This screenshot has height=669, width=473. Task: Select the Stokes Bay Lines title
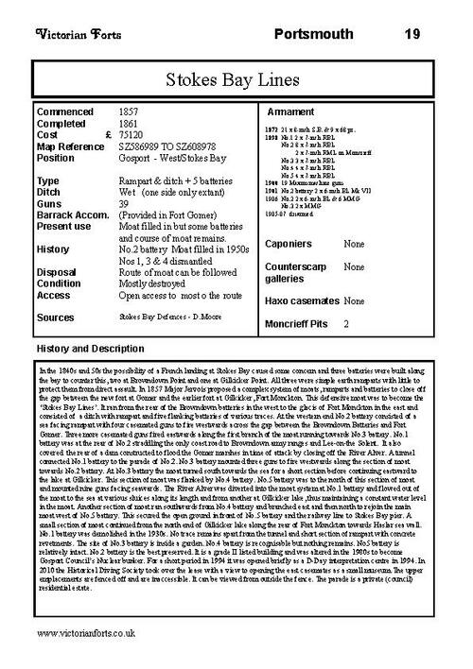(237, 79)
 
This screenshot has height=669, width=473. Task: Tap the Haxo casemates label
(305, 300)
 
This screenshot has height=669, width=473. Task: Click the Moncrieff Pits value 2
(347, 324)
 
